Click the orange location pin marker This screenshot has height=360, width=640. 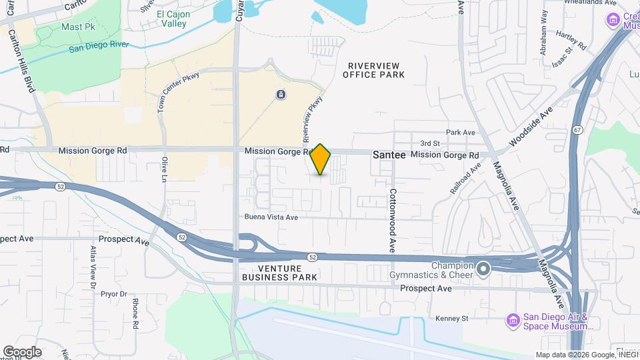[321, 159]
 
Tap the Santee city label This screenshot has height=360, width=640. [389, 154]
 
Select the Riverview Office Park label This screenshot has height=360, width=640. [374, 70]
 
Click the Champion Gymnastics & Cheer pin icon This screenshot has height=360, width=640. [484, 269]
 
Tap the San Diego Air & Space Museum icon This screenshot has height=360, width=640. [513, 321]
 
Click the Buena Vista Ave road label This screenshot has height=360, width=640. [271, 217]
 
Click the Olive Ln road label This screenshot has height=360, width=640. [164, 169]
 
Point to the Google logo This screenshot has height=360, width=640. [22, 351]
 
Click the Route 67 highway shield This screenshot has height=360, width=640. [577, 129]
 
